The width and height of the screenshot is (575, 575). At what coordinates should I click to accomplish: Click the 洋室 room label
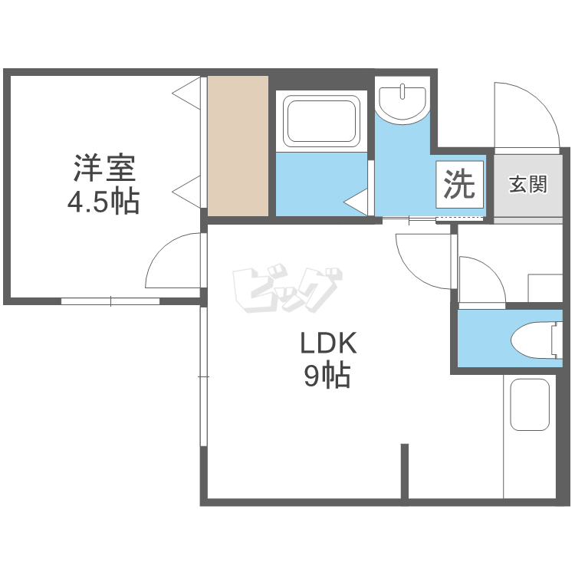104,166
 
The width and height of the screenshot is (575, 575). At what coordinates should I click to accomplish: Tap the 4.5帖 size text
104,202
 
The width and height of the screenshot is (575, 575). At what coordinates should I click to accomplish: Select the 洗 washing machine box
461,184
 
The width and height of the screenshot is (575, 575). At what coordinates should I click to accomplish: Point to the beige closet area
238,146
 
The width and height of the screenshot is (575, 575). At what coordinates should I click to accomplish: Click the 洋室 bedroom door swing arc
172,261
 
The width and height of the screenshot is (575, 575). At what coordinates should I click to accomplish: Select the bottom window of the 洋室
110,301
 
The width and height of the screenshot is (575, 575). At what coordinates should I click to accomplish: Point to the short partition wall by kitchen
404,471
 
